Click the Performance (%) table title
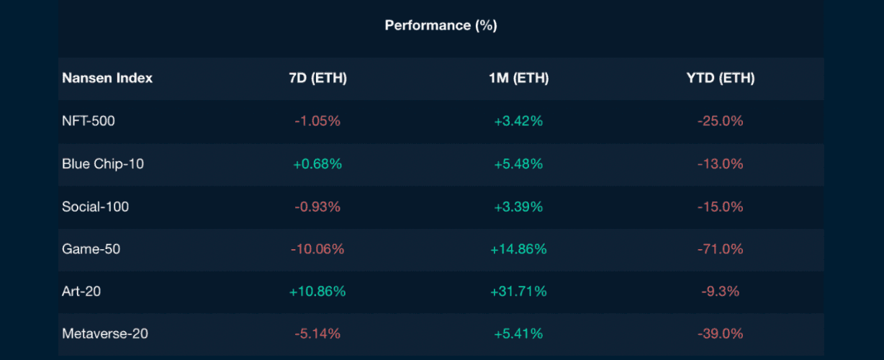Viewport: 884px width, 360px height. coord(441,25)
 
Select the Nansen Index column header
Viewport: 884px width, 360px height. coord(107,78)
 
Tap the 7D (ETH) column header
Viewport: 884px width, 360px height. coord(317,78)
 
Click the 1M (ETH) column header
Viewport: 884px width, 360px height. coord(518,78)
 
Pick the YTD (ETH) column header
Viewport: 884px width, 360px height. coord(720,78)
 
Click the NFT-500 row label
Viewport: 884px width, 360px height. coord(89,121)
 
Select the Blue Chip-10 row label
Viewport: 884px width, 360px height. coord(103,164)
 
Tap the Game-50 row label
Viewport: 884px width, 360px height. coord(91,249)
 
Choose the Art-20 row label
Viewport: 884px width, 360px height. coord(81,292)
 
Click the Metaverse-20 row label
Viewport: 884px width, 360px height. coord(106,334)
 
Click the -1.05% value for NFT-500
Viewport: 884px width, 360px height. coord(317,121)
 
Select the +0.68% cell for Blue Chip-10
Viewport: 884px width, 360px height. coord(317,164)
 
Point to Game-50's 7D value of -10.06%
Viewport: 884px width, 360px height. coord(317,249)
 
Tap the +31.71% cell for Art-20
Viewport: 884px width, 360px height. coord(518,292)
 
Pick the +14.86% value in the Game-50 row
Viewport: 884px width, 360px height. coord(518,249)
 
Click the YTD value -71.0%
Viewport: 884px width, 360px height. coord(720,249)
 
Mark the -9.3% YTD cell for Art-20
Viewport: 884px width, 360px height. coord(720,292)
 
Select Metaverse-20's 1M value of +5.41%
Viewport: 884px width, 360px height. coord(518,334)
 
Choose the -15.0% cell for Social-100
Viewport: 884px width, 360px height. coord(720,207)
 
